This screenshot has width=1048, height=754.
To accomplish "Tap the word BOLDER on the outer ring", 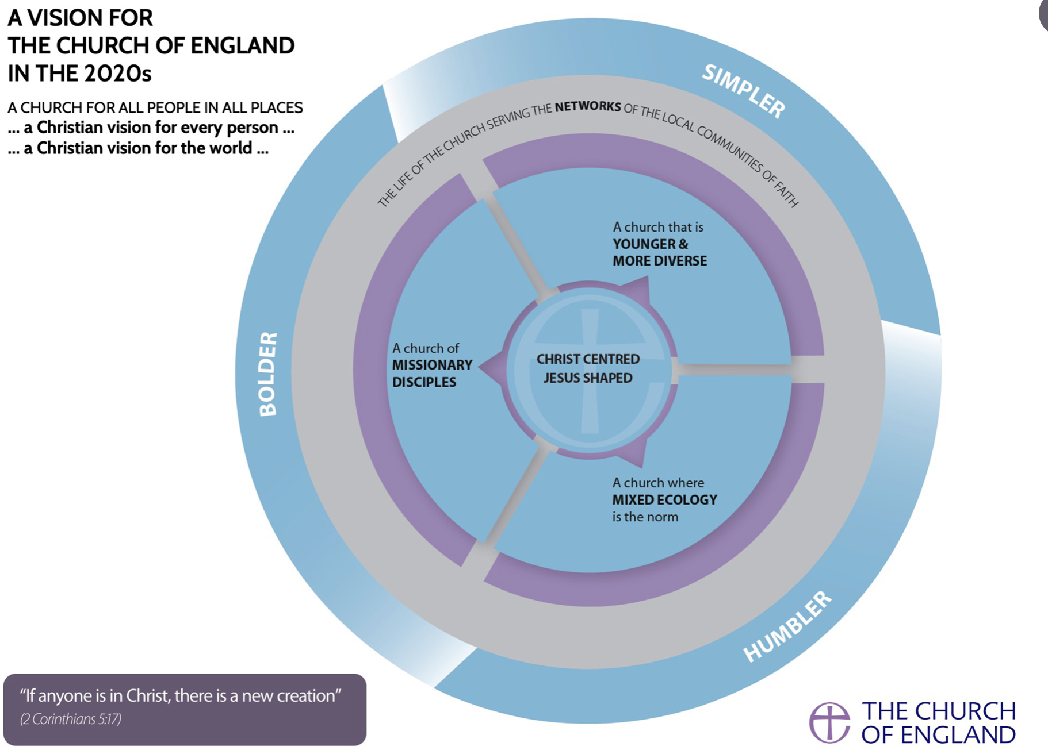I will (267, 374).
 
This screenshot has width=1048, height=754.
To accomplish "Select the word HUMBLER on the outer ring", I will (787, 626).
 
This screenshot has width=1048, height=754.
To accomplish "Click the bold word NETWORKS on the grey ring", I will (587, 106).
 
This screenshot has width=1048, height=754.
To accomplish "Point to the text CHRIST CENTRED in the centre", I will (588, 359).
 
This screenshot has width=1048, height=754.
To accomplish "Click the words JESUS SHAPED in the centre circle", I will (588, 378).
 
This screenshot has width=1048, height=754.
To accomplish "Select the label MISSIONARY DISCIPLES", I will (432, 374).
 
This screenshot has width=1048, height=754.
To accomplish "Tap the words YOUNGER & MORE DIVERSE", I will (659, 252).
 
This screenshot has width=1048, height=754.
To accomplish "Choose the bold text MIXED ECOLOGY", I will (664, 500).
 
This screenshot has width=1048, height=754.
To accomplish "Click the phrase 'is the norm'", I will (645, 517).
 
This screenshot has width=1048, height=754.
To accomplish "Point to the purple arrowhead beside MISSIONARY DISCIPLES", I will (492, 367).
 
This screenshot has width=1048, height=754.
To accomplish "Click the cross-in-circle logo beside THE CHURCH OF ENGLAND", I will (829, 722).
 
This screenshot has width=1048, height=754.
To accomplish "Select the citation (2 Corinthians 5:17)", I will (71, 719).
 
